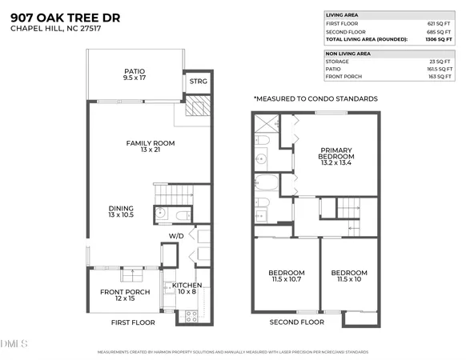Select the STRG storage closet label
point(197,82)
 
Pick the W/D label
point(176,238)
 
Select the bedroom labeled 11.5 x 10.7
point(286,277)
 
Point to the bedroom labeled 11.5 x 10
point(349,277)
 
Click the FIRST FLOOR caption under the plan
point(133,322)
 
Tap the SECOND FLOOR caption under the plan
point(297,322)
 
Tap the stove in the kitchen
point(192,314)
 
